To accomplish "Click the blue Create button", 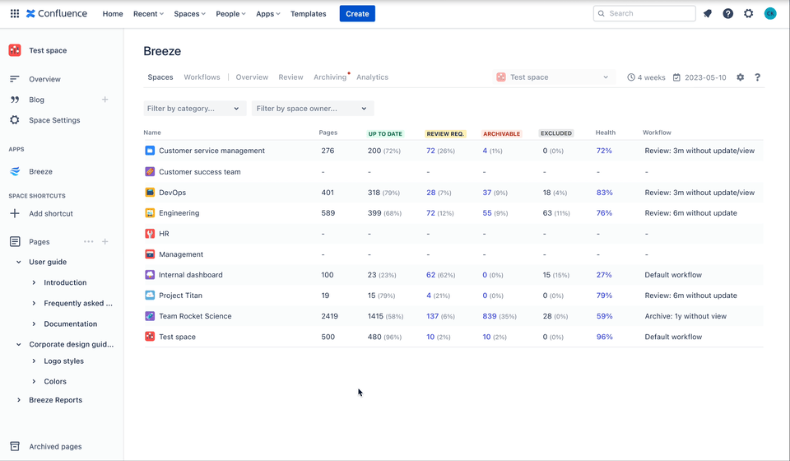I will [x=357, y=13].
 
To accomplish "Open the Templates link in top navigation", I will [x=308, y=14].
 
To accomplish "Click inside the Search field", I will [x=650, y=13].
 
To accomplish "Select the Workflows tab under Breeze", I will [x=202, y=77].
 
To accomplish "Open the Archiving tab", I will [x=329, y=77].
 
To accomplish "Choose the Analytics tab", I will [x=372, y=77].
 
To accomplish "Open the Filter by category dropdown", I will [x=194, y=109].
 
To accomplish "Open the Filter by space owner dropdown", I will [x=313, y=109].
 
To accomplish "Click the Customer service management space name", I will [x=211, y=151].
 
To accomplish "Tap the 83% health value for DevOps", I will [x=604, y=193].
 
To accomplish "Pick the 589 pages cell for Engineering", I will [x=328, y=213].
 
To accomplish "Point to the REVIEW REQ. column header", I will [x=445, y=133].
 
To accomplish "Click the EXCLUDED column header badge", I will [x=556, y=133].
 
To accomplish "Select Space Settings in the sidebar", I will [x=54, y=120].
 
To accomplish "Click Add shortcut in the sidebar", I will [x=51, y=213].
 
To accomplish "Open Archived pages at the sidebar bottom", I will [x=55, y=446].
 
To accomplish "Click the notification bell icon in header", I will [x=708, y=13].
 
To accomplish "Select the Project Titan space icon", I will [x=150, y=296].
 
